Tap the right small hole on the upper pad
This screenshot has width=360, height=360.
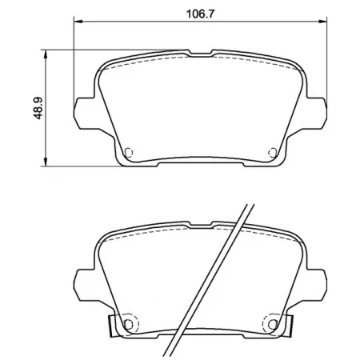click(x=274, y=152)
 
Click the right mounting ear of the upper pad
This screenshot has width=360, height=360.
click(x=318, y=110)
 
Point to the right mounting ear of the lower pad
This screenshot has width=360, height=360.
click(x=318, y=280)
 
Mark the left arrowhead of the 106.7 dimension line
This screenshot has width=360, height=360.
click(x=77, y=22)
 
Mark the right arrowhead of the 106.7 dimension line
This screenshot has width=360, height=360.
click(x=324, y=22)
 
